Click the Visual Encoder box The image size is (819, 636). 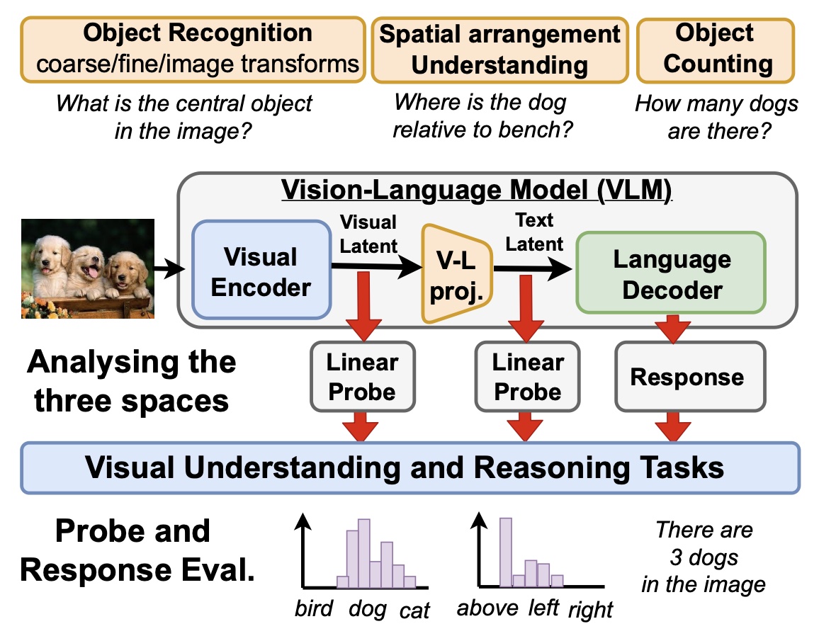tap(261, 271)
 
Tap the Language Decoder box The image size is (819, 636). tap(671, 273)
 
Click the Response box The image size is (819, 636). tap(687, 377)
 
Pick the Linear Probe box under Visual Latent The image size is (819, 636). tap(362, 377)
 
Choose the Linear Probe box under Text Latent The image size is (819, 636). tap(527, 377)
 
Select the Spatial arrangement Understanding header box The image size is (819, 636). tap(499, 50)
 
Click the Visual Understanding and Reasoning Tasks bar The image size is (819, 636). tap(410, 468)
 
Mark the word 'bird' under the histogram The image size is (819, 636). tap(314, 609)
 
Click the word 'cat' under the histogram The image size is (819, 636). tap(414, 611)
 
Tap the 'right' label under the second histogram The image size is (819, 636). tap(590, 609)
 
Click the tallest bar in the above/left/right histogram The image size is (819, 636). tap(505, 552)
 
